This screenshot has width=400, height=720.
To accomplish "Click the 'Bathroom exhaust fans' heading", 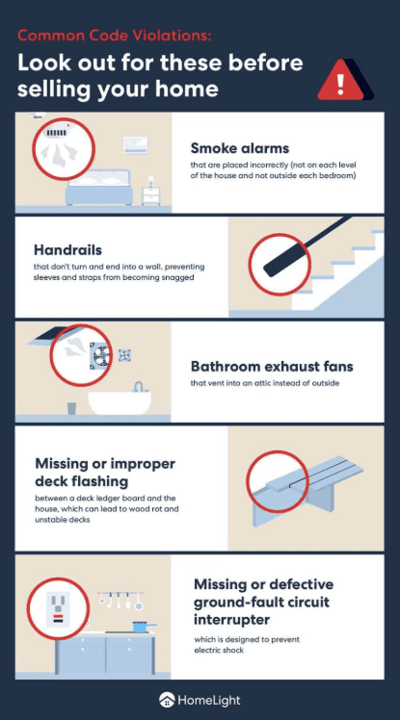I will (x=273, y=366).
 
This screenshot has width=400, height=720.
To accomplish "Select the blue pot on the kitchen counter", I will (x=141, y=624).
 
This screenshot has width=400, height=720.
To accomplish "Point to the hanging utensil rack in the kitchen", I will (x=120, y=596).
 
